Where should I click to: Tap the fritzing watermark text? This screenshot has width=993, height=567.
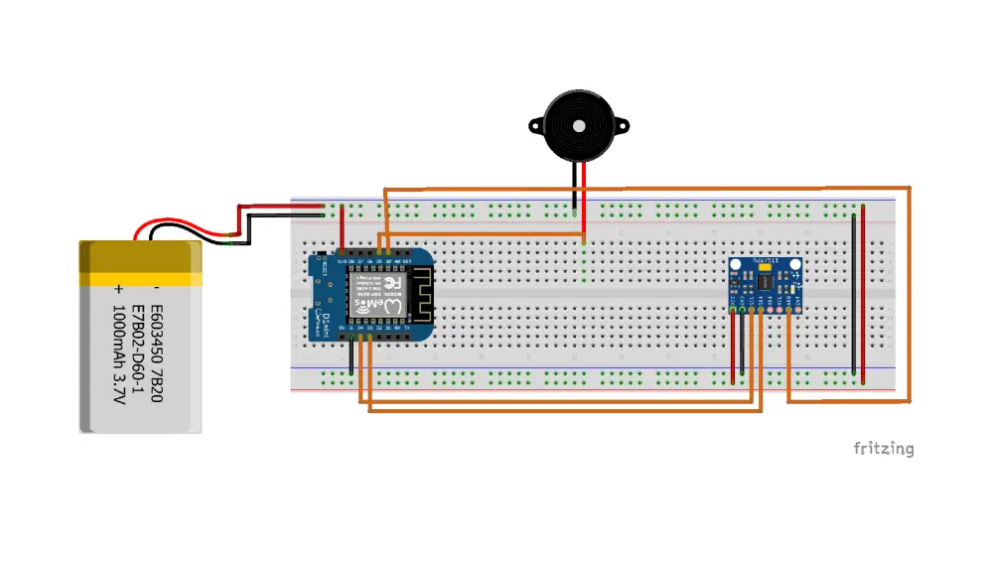pyautogui.click(x=883, y=449)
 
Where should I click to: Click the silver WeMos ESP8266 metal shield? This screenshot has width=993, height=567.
pyautogui.click(x=377, y=297)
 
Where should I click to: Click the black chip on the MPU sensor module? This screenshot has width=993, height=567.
pyautogui.click(x=765, y=284)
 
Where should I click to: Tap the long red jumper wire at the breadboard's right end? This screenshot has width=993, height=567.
pyautogui.click(x=863, y=298)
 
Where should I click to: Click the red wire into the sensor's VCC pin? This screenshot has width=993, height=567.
pyautogui.click(x=734, y=348)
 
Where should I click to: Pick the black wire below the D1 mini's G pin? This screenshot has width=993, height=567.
pyautogui.click(x=351, y=357)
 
